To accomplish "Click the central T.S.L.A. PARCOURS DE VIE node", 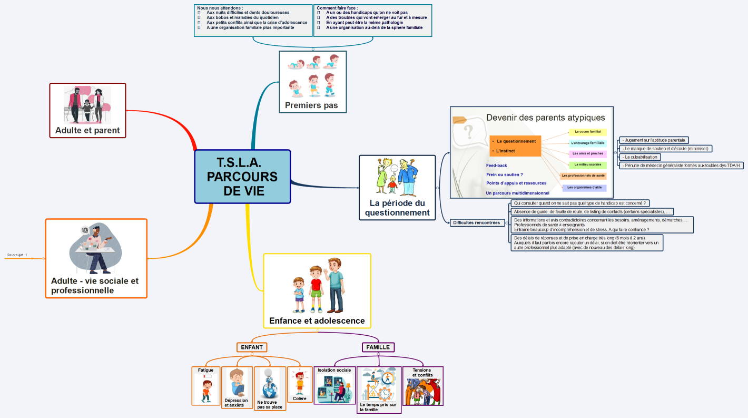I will (x=242, y=177).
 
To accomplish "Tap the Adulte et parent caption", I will (x=87, y=130).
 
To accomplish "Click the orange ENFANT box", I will (x=252, y=347).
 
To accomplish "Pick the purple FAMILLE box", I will (x=378, y=347).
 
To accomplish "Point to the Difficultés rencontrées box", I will (x=476, y=222).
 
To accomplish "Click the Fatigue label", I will (x=205, y=370).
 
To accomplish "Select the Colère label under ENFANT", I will (x=300, y=398).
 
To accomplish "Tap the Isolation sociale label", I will (x=334, y=370).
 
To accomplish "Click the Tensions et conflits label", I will (x=422, y=373).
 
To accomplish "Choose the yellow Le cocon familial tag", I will (x=587, y=132).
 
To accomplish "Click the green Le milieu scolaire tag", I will (x=587, y=164).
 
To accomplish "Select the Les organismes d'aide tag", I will (x=584, y=187).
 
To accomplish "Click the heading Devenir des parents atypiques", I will (x=545, y=118).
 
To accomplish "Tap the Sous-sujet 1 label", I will (x=17, y=255).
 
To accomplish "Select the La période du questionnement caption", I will (x=397, y=208).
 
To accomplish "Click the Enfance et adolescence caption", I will (x=317, y=320).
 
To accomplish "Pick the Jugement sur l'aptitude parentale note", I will (x=654, y=140).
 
